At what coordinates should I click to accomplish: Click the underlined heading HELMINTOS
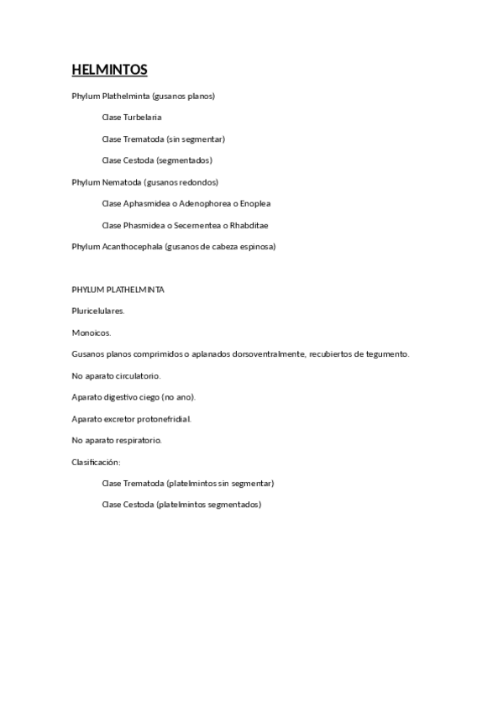point(109,69)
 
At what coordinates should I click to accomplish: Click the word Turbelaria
point(143,118)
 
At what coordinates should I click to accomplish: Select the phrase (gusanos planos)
point(190,96)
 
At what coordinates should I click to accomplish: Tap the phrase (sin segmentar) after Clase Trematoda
point(196,139)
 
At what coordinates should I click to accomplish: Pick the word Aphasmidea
point(146,203)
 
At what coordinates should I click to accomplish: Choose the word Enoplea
point(255,203)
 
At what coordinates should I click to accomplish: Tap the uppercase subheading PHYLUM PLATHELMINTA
point(118,290)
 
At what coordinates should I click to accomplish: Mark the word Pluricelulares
point(98,311)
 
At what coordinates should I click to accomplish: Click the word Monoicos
point(92,332)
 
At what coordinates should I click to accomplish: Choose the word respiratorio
point(139,440)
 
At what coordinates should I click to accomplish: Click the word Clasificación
point(97,462)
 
